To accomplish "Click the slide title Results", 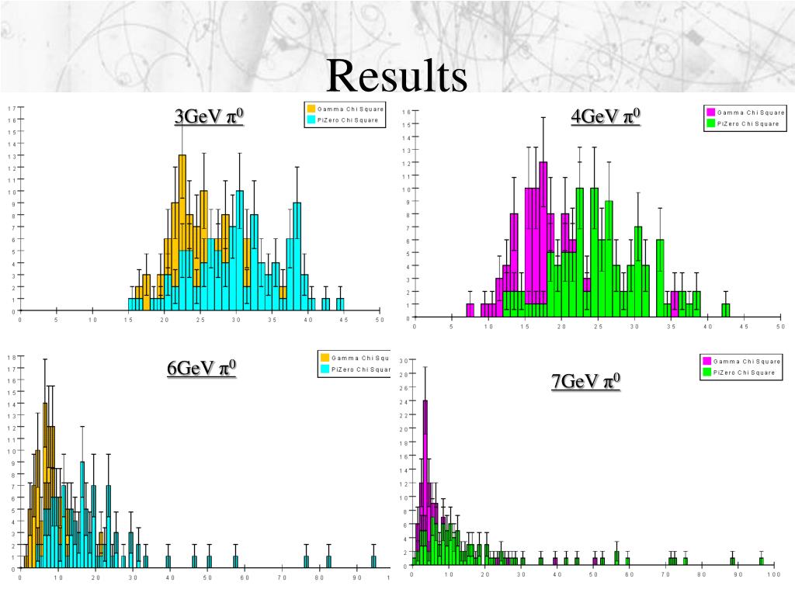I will [x=397, y=76].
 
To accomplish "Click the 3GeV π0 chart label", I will [x=209, y=116].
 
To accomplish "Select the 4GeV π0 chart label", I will [x=606, y=116].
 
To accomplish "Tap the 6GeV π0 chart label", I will [x=201, y=367].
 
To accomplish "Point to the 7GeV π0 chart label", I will [x=585, y=382].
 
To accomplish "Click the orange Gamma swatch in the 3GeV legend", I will [x=311, y=109].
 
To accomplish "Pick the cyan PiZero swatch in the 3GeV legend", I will [x=311, y=120].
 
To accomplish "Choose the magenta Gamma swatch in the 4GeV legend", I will [x=710, y=113].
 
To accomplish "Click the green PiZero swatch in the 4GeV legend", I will [x=710, y=123].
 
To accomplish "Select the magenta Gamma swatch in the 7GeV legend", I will [x=706, y=362].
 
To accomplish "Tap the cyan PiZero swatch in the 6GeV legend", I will [x=324, y=369].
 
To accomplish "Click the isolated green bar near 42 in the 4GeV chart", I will [x=726, y=310].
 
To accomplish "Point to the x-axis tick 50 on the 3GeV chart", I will [x=380, y=320].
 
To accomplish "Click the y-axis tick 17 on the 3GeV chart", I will [x=11, y=108].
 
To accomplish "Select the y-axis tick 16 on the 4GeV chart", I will [x=406, y=113].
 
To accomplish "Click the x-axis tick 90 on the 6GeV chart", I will [x=358, y=577].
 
